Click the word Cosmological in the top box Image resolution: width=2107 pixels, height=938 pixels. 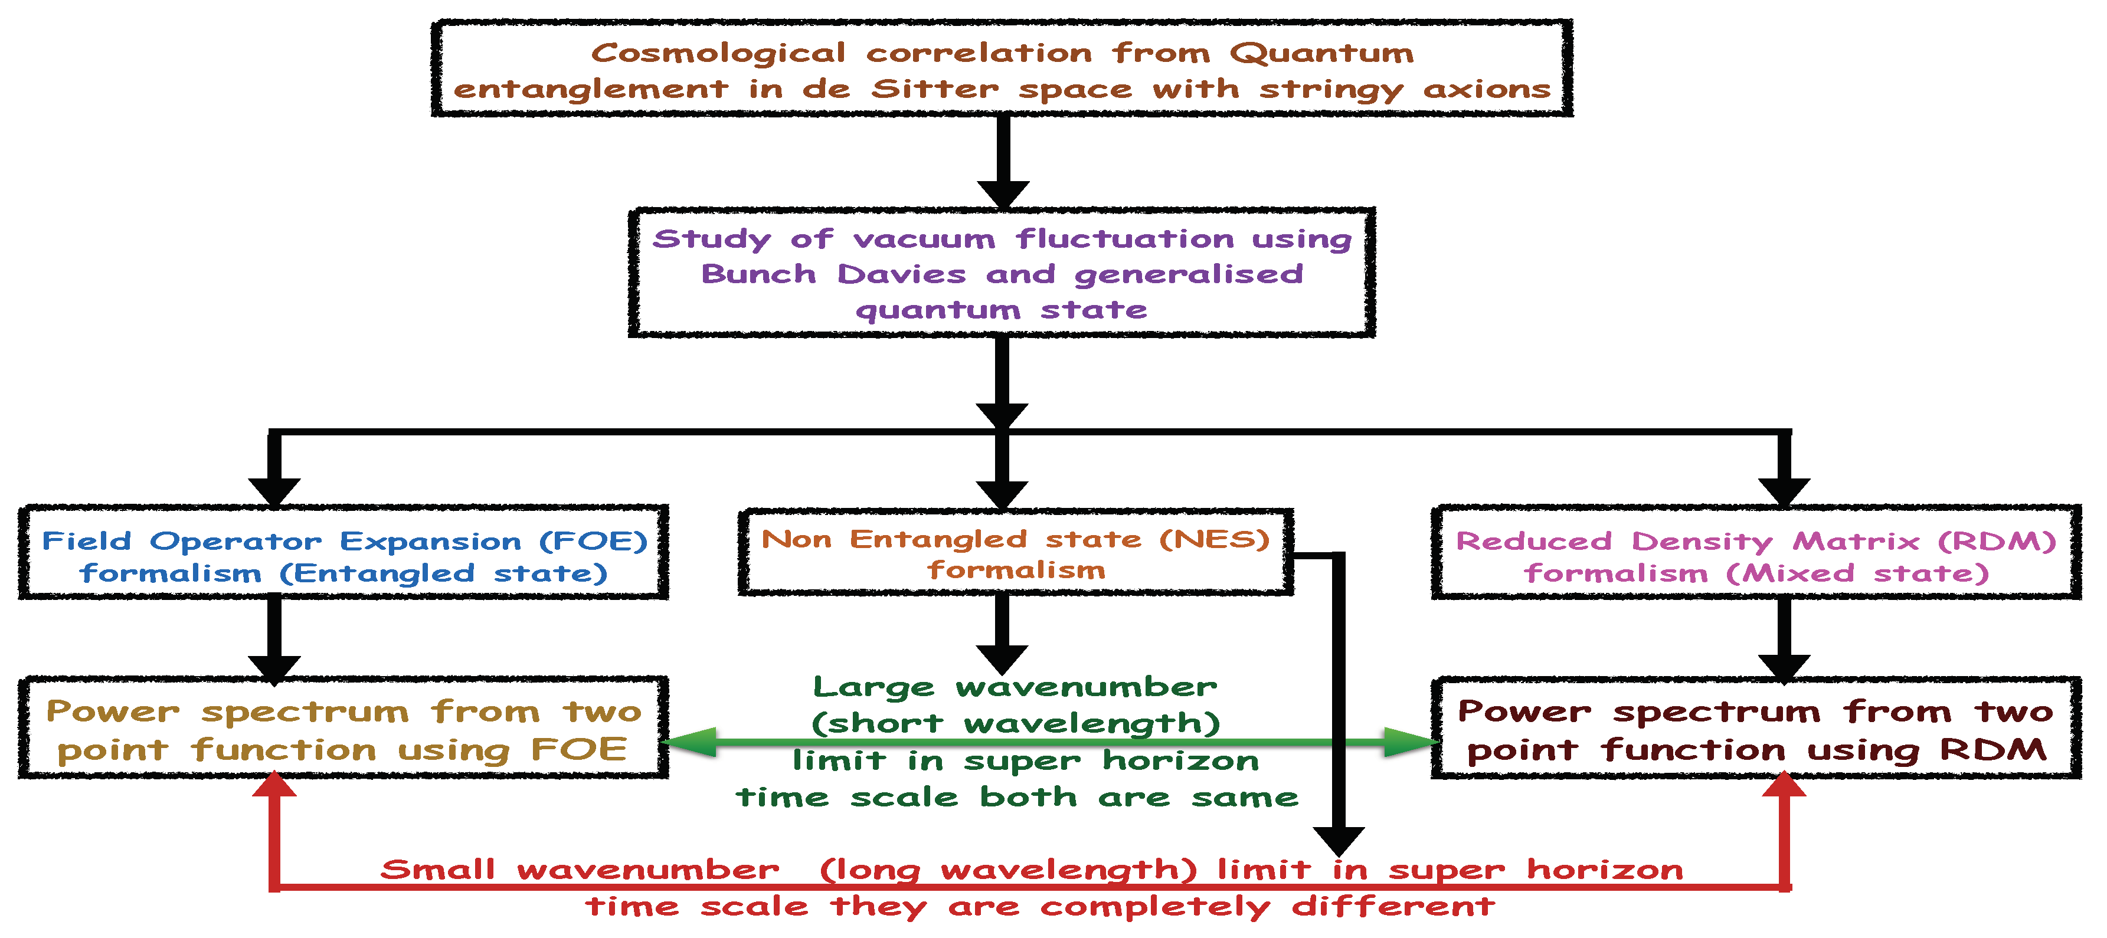(x=718, y=54)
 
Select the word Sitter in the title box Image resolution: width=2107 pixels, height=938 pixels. (x=935, y=90)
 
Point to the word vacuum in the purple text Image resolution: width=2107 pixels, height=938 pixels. (x=924, y=240)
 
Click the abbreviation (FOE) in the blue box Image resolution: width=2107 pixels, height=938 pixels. (x=593, y=542)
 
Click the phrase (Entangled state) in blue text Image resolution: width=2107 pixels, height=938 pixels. (x=443, y=574)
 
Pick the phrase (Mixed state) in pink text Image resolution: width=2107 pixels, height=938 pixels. (x=1857, y=574)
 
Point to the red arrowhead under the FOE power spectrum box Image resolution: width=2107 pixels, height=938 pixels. (x=275, y=785)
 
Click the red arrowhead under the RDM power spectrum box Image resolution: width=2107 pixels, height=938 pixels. (x=1785, y=785)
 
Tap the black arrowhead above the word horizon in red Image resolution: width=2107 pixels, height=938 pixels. (x=1338, y=840)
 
